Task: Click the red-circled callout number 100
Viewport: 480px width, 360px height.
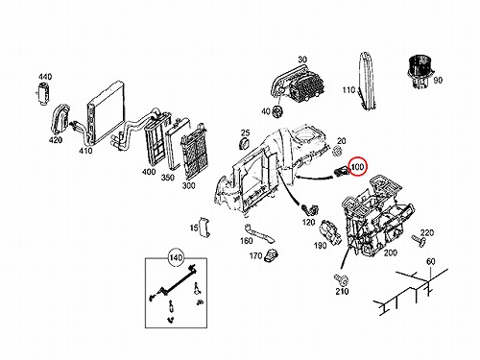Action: pyautogui.click(x=357, y=166)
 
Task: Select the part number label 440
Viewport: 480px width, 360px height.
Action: pyautogui.click(x=45, y=77)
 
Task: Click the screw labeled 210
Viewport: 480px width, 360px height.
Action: pyautogui.click(x=341, y=279)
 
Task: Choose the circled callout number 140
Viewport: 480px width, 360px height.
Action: pyautogui.click(x=176, y=257)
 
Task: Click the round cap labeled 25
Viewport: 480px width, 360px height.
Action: pyautogui.click(x=245, y=144)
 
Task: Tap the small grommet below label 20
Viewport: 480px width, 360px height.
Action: pyautogui.click(x=337, y=151)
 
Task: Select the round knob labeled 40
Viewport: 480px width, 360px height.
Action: pyautogui.click(x=277, y=112)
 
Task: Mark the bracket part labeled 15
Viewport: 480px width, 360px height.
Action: pyautogui.click(x=204, y=227)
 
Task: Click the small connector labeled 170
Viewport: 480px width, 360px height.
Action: pyautogui.click(x=271, y=255)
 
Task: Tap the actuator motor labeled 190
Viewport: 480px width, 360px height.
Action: pyautogui.click(x=330, y=232)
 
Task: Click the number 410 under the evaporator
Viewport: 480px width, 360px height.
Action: pyautogui.click(x=85, y=151)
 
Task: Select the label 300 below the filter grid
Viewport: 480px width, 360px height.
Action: pyautogui.click(x=188, y=185)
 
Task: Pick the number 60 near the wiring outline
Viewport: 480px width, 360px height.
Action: pyautogui.click(x=431, y=261)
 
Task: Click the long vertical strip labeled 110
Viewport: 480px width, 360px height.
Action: pyautogui.click(x=367, y=82)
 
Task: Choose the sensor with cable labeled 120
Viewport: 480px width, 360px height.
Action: pyautogui.click(x=309, y=209)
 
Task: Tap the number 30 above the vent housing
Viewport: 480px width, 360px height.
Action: pyautogui.click(x=302, y=60)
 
